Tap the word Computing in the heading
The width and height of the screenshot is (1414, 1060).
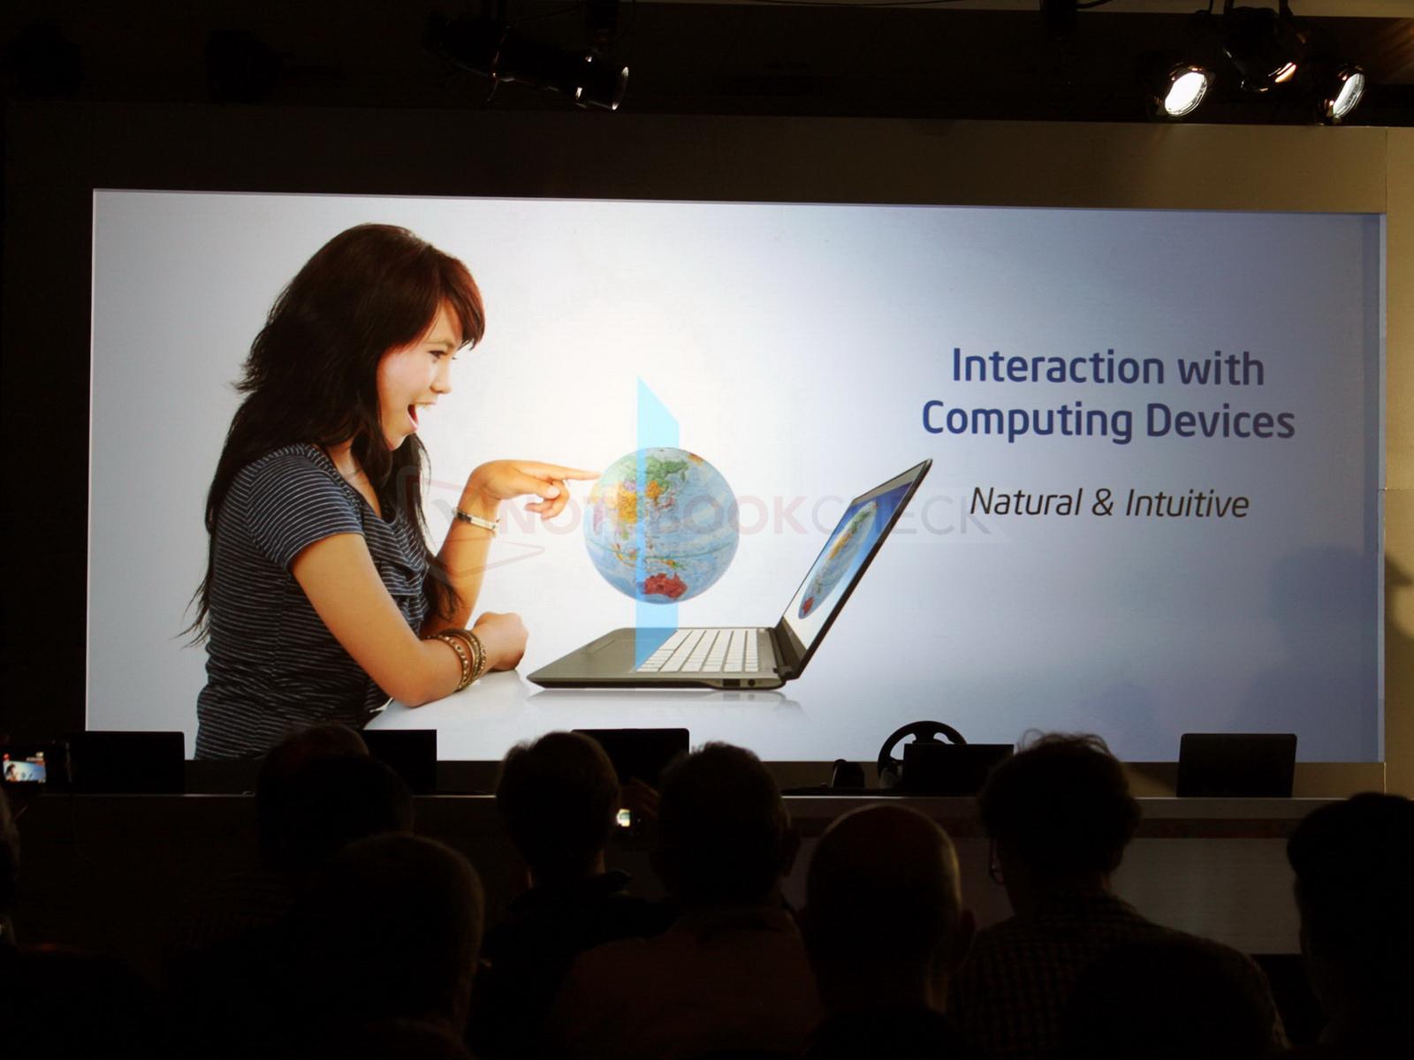tap(1027, 421)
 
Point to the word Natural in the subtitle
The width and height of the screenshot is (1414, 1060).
tap(1025, 502)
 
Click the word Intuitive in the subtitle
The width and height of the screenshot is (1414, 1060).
tap(1187, 503)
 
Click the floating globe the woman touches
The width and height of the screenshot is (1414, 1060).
tap(661, 526)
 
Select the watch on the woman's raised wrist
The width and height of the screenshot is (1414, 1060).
tap(475, 520)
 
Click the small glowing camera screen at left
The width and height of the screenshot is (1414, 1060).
tap(25, 768)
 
